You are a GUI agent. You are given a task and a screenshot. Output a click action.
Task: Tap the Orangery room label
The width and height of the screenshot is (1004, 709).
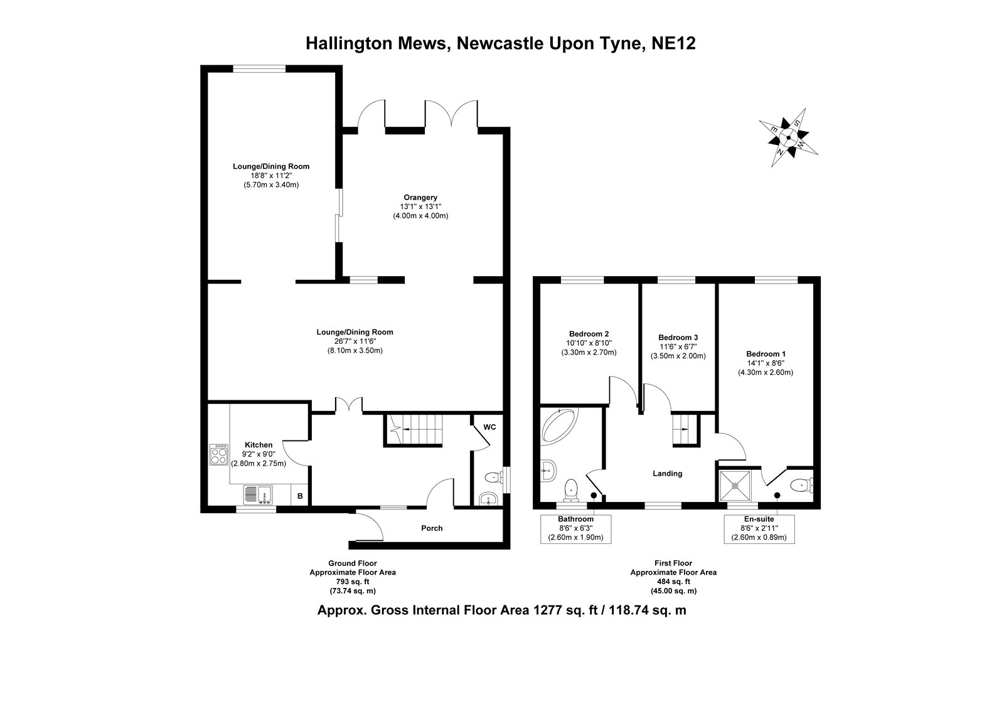pos(420,198)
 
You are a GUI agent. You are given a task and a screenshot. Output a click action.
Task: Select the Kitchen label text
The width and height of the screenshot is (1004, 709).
pos(259,445)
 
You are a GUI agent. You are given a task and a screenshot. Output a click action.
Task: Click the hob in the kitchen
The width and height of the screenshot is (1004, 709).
pos(219,454)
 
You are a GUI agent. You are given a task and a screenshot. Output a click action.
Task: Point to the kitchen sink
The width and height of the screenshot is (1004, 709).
pos(257,494)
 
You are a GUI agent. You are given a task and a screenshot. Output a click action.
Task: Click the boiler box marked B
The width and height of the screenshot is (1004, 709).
pos(300,496)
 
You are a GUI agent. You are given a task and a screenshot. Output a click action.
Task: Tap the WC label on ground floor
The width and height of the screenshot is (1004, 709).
pos(489,427)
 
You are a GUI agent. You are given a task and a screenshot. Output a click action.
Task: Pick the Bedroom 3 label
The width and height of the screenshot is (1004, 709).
pos(678,337)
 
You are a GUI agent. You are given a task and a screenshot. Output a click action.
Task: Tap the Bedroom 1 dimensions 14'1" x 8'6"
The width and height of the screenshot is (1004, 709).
pos(765,363)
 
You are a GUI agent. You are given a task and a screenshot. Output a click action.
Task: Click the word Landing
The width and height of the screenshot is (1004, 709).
pos(667,474)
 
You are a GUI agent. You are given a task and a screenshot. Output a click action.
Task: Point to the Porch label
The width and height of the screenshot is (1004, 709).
pos(432,528)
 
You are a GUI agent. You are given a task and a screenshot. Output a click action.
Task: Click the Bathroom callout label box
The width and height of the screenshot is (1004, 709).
pos(575,528)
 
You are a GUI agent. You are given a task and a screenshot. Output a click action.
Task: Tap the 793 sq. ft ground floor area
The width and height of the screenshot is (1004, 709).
pos(352,582)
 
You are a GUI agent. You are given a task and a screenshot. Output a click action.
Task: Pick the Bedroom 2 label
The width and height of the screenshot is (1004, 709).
pos(589,334)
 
